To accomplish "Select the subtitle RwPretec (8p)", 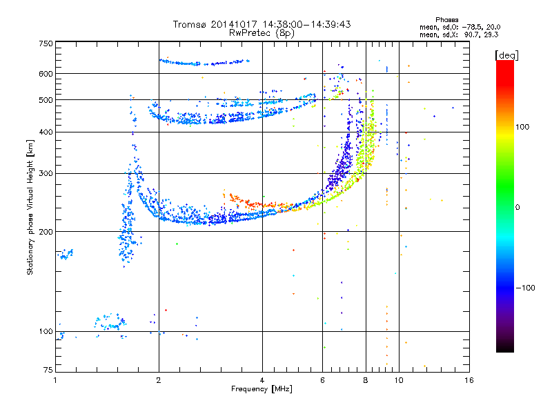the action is [x=262, y=33].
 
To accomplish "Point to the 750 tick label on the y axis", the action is [x=46, y=43].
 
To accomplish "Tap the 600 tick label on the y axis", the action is [x=46, y=74].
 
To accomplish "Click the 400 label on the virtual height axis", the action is [x=46, y=132].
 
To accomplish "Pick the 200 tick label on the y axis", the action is [x=46, y=232].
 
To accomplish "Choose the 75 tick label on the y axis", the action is [x=48, y=370].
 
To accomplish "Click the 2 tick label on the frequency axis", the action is [x=159, y=380].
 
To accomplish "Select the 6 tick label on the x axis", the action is [x=322, y=380].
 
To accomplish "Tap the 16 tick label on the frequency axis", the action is [x=469, y=380].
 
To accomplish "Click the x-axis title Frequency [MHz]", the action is [x=262, y=389].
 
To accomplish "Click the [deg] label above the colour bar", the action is [x=506, y=55].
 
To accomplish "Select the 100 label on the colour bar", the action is [x=522, y=127].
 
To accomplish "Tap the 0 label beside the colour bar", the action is [x=517, y=208].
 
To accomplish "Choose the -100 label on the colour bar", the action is [x=525, y=288].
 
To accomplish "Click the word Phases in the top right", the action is [x=446, y=20].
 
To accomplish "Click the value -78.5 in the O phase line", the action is [x=473, y=28].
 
